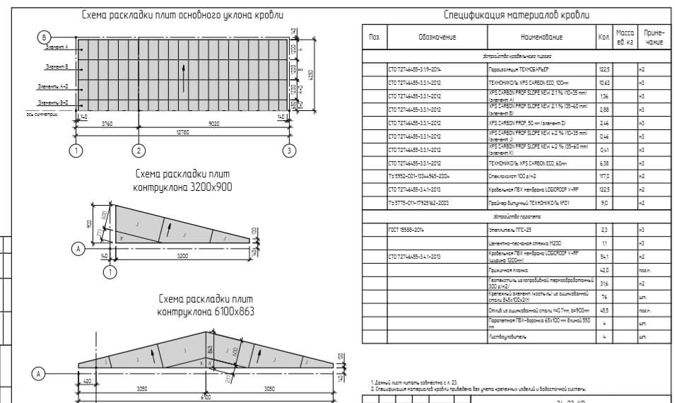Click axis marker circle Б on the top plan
pyautogui.click(x=44, y=37)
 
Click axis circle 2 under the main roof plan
pyautogui.click(x=139, y=150)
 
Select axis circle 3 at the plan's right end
pyautogui.click(x=288, y=150)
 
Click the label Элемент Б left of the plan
pyautogui.click(x=56, y=67)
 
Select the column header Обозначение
pyautogui.click(x=437, y=37)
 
